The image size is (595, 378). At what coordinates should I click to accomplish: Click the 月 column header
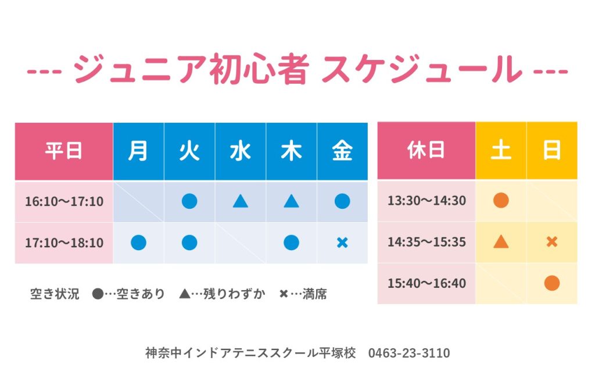138,151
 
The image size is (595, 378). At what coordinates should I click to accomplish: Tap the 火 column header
189,151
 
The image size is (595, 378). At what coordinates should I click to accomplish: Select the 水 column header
241,151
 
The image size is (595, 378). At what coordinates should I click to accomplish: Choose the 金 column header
342,151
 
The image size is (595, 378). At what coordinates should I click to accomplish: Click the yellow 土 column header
501,151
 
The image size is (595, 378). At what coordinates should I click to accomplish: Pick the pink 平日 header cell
64,151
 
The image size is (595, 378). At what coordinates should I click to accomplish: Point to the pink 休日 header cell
426,151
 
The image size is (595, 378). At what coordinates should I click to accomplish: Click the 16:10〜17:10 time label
64,201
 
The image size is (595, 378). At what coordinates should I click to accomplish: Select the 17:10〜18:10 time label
64,243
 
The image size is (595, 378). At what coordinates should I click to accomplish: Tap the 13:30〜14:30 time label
426,201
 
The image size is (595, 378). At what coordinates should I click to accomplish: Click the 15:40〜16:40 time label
426,283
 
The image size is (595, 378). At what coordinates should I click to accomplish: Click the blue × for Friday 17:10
342,243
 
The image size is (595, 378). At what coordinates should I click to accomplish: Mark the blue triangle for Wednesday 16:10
241,201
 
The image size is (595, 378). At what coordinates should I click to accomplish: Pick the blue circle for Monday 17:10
138,243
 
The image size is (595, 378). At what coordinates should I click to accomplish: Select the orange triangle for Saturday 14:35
501,241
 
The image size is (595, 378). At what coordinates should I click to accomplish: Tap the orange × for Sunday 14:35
552,241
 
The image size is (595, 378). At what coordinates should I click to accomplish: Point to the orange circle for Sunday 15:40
552,283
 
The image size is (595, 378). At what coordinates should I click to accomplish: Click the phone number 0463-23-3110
409,353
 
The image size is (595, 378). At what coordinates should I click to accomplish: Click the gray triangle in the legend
185,294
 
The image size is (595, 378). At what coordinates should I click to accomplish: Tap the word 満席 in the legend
314,294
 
